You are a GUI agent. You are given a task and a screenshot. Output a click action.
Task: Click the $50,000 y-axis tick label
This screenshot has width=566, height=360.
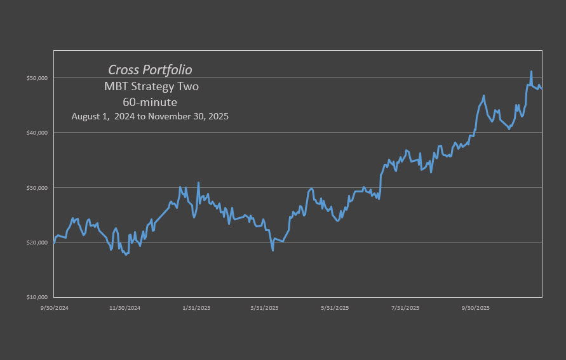[39, 78]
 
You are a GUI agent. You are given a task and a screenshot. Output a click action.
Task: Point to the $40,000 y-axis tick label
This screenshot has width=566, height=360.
[39, 133]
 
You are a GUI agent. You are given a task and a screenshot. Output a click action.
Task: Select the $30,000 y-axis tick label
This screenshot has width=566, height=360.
[39, 188]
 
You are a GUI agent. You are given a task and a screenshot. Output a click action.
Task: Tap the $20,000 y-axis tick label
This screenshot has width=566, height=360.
[39, 243]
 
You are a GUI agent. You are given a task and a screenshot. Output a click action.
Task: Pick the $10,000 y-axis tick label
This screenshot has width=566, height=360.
[39, 297]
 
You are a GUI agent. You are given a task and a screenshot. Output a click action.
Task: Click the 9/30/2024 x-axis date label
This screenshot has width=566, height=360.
[54, 308]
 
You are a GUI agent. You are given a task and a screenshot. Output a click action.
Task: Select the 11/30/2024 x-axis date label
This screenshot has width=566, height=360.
[125, 308]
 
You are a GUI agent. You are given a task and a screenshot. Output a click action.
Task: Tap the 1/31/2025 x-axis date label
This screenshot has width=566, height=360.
[196, 308]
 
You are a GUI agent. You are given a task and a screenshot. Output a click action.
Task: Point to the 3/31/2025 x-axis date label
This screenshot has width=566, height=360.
[265, 308]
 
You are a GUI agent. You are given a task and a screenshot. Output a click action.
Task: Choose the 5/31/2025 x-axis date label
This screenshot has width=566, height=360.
[335, 308]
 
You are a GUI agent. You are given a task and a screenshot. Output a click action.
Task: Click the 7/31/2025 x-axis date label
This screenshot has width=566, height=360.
[405, 308]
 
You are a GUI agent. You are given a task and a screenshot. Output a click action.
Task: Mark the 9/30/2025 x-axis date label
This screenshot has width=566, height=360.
[475, 308]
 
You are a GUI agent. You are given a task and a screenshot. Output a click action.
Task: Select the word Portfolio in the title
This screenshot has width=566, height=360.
[170, 69]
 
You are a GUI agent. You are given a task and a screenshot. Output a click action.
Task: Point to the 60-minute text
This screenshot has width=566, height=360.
[150, 102]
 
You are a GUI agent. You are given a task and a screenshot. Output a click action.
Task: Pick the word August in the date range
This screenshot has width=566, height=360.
[87, 117]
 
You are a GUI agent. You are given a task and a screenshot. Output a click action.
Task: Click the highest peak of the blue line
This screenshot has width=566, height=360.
[531, 71]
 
